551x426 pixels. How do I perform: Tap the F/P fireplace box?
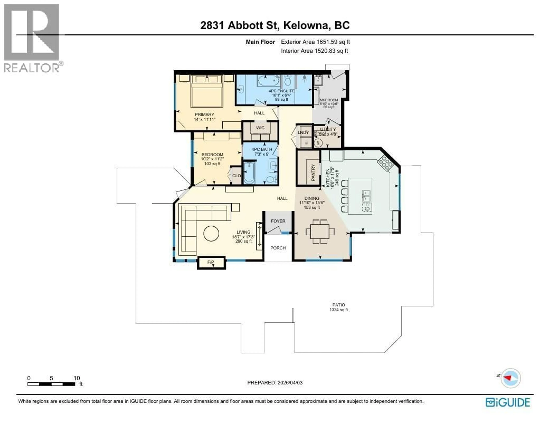pos(211,262)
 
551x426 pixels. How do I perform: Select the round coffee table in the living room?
pos(211,233)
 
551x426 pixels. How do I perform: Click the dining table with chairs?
pos(320,231)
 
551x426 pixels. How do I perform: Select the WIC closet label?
pos(260,128)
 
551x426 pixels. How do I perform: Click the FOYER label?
pos(278,221)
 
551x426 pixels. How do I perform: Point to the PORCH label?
pos(278,248)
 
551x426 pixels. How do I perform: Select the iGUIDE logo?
pos(508,402)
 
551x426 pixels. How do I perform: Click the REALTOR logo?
pos(32,38)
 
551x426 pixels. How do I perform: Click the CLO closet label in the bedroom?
pos(236,176)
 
